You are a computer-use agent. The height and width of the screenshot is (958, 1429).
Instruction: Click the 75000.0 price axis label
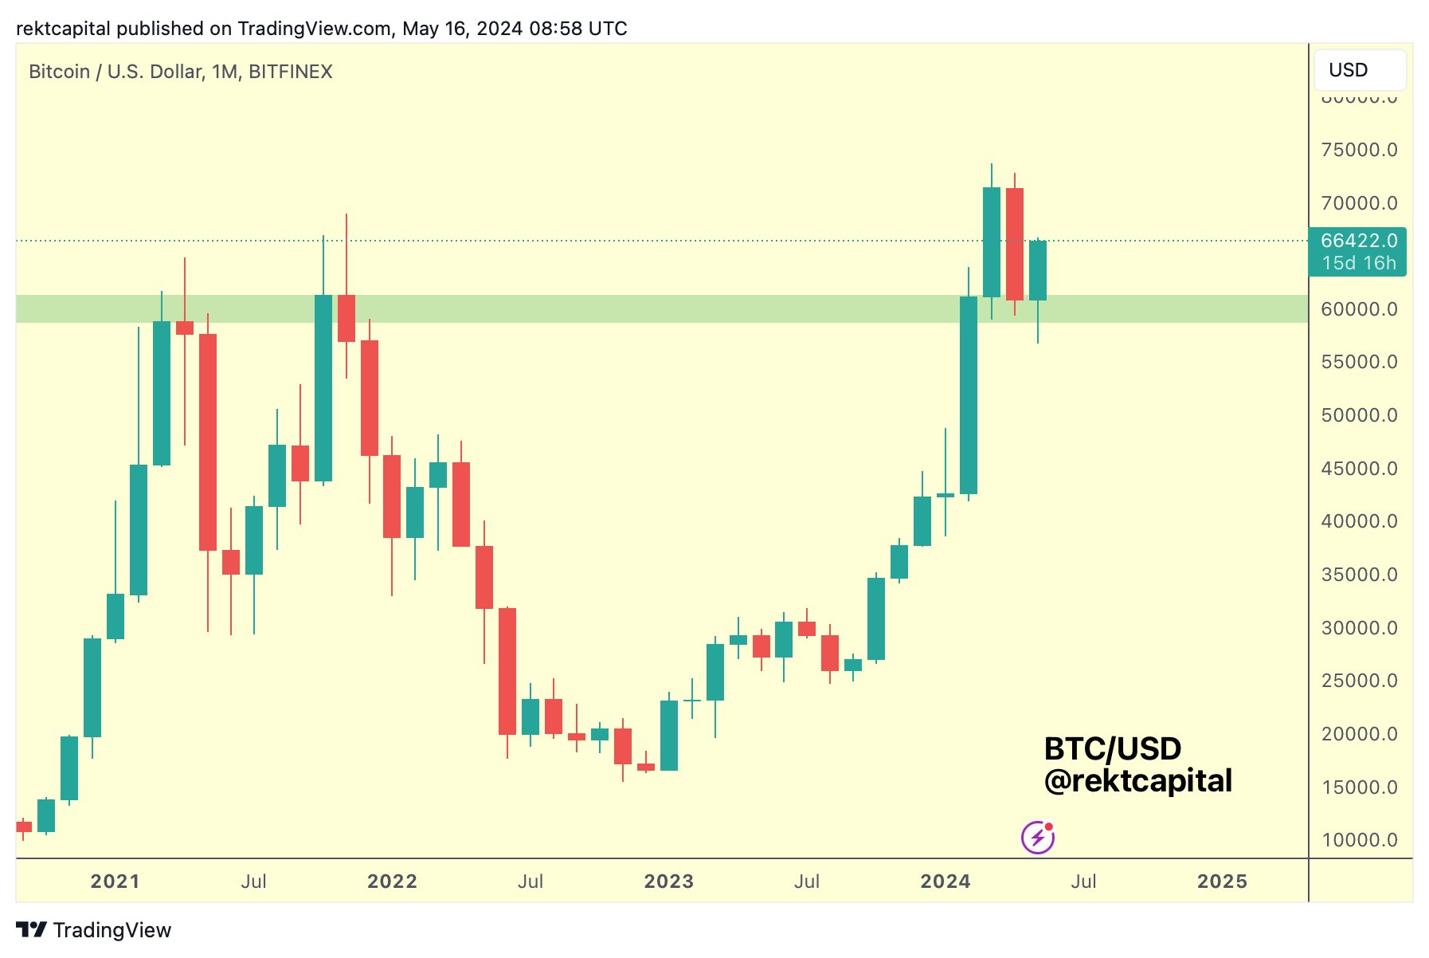point(1359,150)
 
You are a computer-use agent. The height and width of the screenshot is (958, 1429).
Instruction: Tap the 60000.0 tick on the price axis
point(1359,309)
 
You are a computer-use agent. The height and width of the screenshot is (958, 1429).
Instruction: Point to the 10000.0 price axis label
point(1359,840)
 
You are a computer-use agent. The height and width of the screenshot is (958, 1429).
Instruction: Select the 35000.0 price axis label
point(1359,575)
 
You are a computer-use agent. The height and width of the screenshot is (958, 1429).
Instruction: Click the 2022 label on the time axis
point(392,881)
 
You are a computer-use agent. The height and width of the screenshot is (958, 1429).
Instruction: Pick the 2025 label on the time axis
point(1222,881)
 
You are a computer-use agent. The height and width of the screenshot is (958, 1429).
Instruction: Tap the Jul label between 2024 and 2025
point(1083,881)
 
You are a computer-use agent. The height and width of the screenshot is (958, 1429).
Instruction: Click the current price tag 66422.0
point(1358,241)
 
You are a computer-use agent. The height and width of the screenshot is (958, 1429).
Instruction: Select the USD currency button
point(1359,70)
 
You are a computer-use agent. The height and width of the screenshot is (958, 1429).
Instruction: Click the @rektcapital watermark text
point(1137,781)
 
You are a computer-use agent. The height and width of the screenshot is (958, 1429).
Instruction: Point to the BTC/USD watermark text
point(1112,749)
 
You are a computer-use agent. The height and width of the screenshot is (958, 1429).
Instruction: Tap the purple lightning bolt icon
point(1038,838)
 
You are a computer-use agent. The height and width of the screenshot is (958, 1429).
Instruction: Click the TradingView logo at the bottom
point(94,930)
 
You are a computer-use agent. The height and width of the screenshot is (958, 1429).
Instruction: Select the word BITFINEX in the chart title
point(291,72)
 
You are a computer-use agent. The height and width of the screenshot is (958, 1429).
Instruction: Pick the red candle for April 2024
point(1015,244)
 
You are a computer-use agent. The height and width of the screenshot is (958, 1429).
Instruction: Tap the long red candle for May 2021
point(208,442)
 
